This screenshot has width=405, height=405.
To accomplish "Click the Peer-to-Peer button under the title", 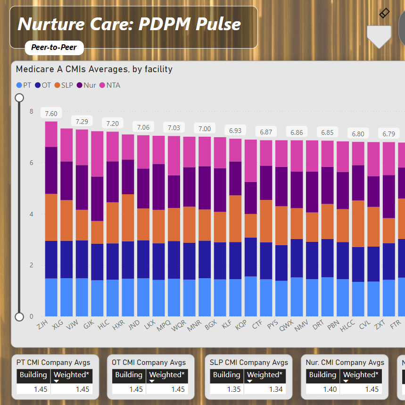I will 54,47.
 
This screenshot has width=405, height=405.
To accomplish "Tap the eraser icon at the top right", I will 384,13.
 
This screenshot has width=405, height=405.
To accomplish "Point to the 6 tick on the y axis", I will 32,163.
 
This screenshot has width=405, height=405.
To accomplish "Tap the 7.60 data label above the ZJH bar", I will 51,114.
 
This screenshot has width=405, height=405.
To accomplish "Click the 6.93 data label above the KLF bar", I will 235,131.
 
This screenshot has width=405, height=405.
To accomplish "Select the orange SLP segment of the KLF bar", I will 235,218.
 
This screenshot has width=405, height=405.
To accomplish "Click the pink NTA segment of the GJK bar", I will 97,154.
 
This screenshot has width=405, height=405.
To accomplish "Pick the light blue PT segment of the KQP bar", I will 251,296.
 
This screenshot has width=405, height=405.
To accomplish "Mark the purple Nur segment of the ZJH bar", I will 51,170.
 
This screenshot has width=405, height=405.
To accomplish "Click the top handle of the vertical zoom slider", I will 19,98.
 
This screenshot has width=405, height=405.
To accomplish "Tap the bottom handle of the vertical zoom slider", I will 19,316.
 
